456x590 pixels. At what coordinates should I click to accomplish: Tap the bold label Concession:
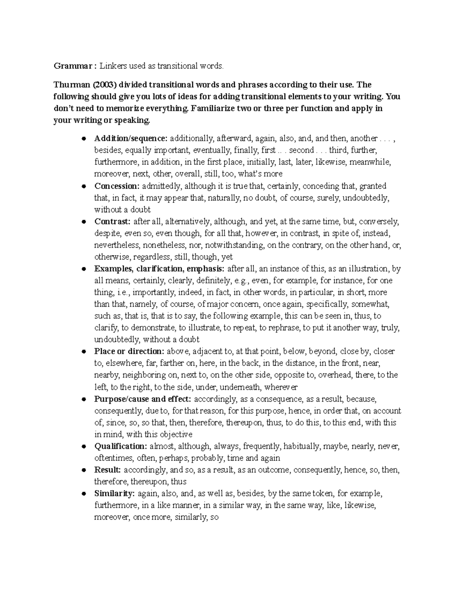[117, 186]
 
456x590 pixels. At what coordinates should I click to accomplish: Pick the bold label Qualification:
[120, 446]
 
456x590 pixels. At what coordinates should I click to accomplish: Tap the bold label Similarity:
[114, 494]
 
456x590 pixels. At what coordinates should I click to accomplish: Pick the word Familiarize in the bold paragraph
[211, 108]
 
